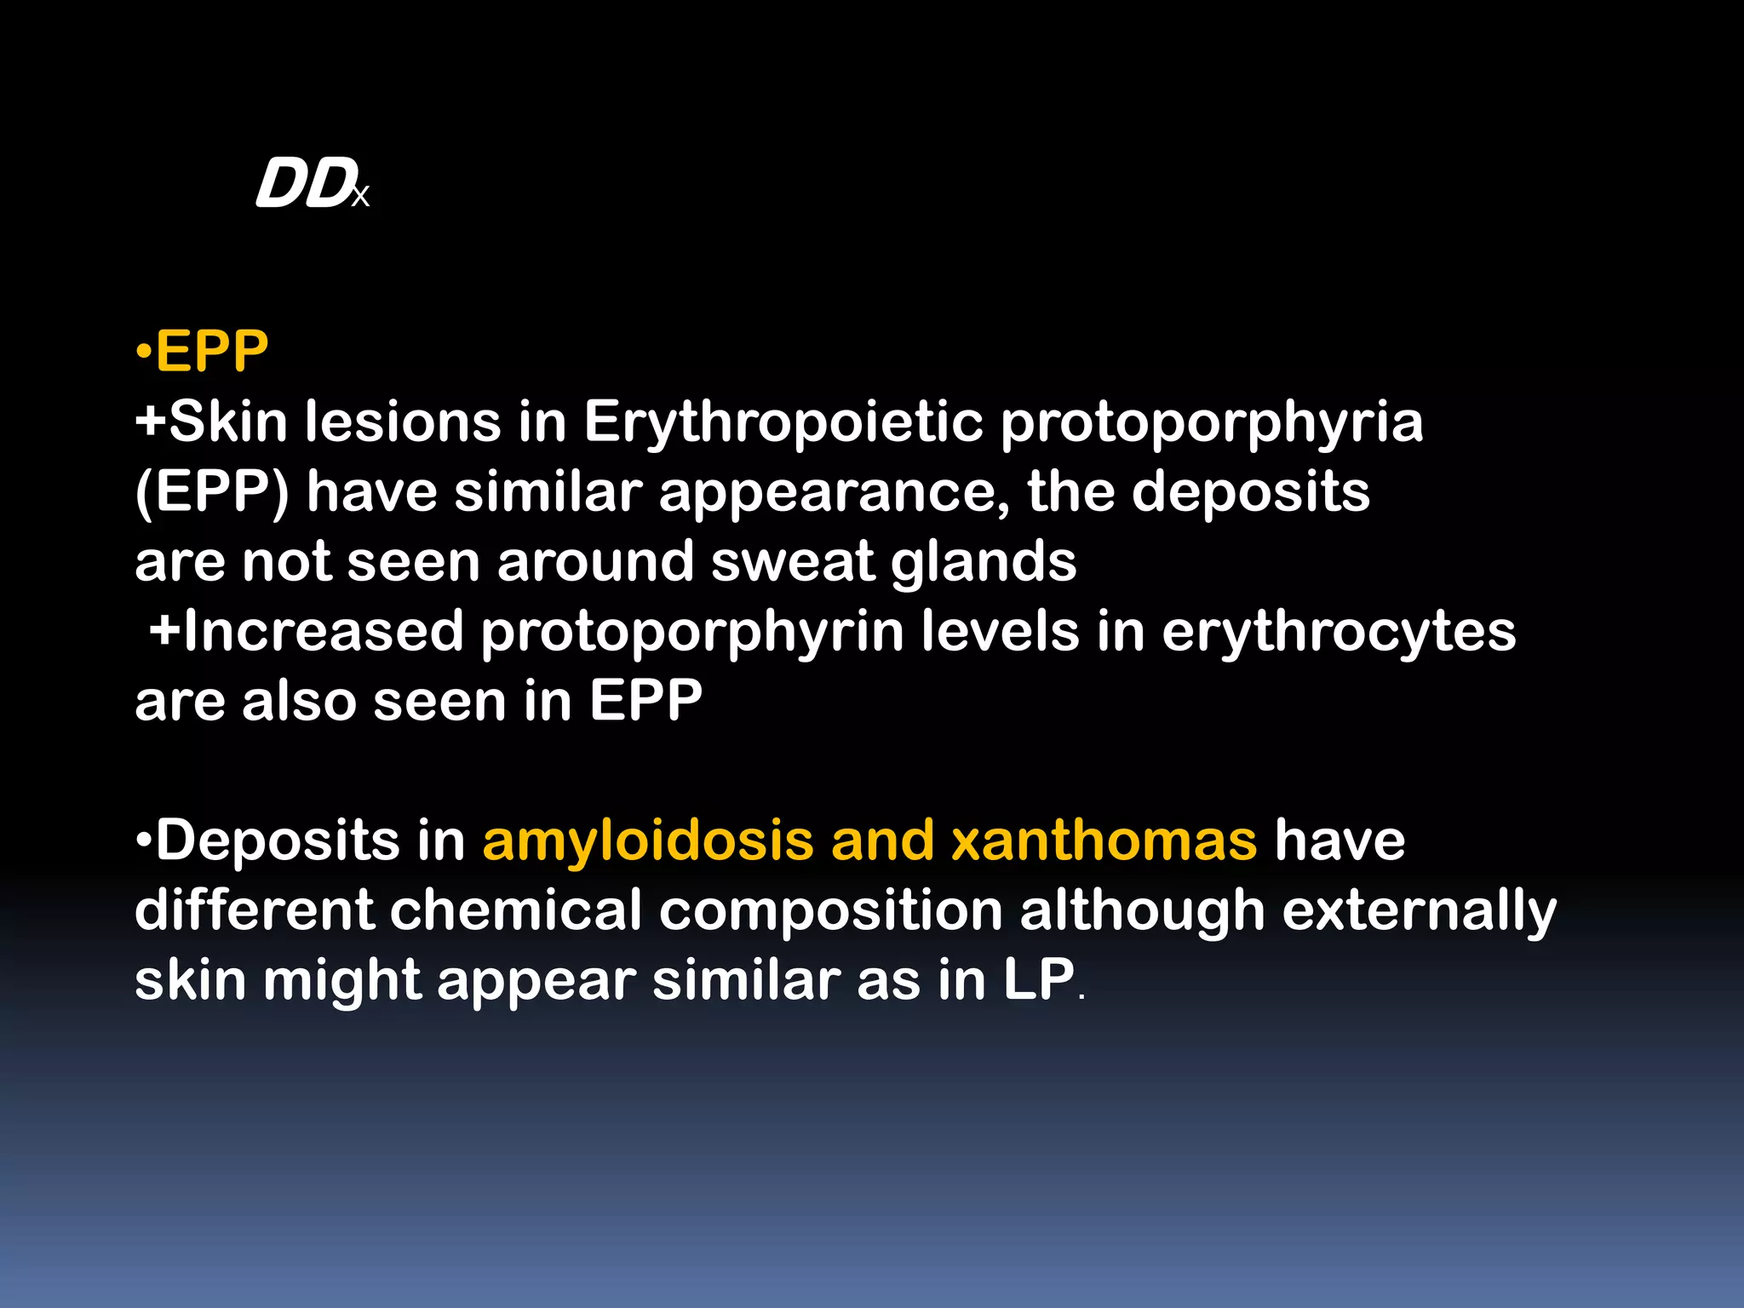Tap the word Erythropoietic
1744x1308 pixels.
click(783, 422)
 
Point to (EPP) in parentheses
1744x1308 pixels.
click(212, 492)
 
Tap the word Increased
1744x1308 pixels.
click(322, 632)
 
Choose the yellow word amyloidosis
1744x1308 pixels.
click(648, 841)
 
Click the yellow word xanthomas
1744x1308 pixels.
click(1104, 841)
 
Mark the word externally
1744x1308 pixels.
click(1419, 911)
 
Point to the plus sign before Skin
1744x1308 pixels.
click(151, 422)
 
